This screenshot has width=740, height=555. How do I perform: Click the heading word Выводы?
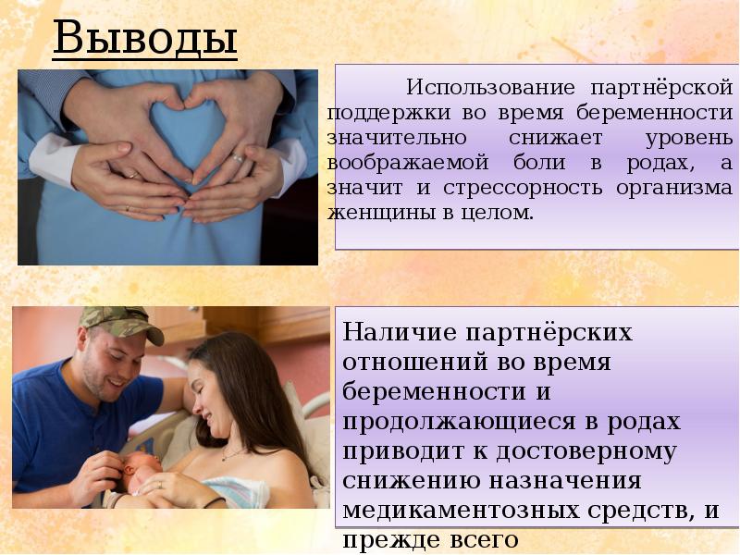[144, 38]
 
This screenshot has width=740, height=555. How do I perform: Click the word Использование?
[491, 88]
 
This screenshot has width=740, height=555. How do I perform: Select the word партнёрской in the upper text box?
[661, 88]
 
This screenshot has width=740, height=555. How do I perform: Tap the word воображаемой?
[408, 163]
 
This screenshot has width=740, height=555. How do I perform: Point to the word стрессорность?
[523, 189]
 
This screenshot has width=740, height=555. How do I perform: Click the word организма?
[674, 189]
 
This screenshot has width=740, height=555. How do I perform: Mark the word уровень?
[689, 138]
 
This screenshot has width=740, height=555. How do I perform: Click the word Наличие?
[400, 332]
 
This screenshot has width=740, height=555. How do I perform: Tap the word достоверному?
[586, 451]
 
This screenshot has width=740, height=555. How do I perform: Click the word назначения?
[565, 481]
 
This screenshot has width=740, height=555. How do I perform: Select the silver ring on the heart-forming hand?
[239, 158]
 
